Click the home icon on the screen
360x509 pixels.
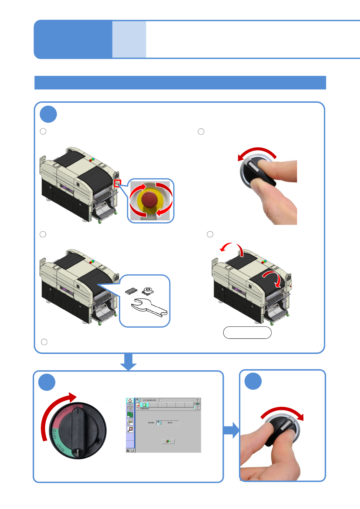coord(130,400)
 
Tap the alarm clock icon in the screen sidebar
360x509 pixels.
coord(130,429)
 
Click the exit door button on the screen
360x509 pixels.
coord(168,441)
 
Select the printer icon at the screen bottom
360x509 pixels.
coord(132,450)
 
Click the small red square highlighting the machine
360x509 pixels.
coord(118,183)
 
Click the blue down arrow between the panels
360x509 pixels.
coord(128,361)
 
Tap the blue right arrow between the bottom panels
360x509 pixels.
coord(231,430)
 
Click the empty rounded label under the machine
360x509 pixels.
coord(247,332)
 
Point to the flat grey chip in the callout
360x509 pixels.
coord(131,291)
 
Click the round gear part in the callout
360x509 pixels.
coord(147,290)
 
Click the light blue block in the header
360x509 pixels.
coord(129,39)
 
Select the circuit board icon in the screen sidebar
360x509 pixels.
coord(130,415)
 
